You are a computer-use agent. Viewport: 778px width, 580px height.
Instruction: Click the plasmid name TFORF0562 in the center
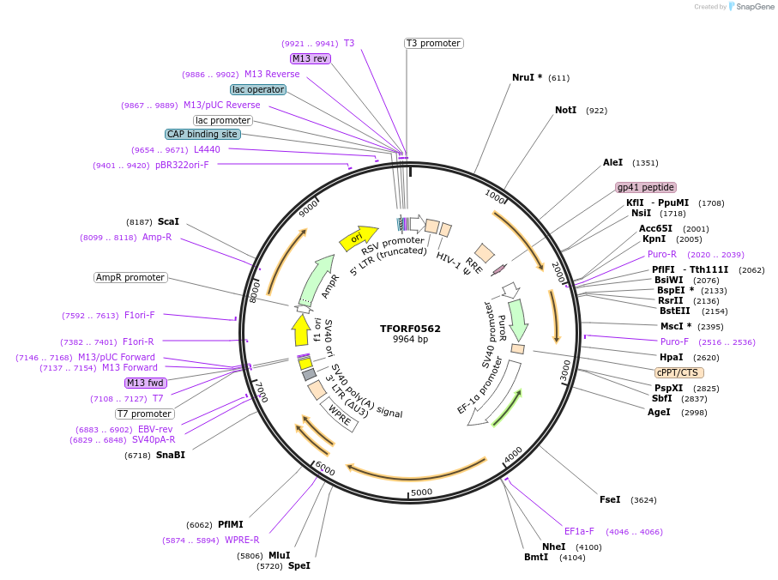pyautogui.click(x=410, y=329)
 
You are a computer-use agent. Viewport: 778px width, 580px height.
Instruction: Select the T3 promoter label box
pyautogui.click(x=433, y=43)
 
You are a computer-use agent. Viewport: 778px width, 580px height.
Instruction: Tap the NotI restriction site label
pyautogui.click(x=565, y=111)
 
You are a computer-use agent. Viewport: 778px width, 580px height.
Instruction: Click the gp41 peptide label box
pyautogui.click(x=646, y=187)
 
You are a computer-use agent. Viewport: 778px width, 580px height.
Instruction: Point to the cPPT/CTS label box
pyautogui.click(x=678, y=372)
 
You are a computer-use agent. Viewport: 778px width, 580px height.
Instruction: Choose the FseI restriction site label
pyautogui.click(x=610, y=499)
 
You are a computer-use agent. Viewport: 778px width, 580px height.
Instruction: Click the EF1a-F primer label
pyautogui.click(x=579, y=531)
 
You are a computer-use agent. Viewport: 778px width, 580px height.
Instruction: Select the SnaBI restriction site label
pyautogui.click(x=170, y=455)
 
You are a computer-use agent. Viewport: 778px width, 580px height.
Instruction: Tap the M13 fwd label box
pyautogui.click(x=145, y=383)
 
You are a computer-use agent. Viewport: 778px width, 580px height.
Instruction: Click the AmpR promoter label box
pyautogui.click(x=130, y=277)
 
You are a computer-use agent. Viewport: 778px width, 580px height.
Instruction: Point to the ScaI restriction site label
pyautogui.click(x=168, y=221)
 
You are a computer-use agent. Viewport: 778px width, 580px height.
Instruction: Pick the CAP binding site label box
pyautogui.click(x=202, y=134)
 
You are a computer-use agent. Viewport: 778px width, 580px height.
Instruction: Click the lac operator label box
pyautogui.click(x=258, y=89)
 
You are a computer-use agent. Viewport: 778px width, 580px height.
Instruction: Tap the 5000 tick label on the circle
pyautogui.click(x=421, y=492)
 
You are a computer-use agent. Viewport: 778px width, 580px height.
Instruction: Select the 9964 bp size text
pyautogui.click(x=410, y=340)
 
